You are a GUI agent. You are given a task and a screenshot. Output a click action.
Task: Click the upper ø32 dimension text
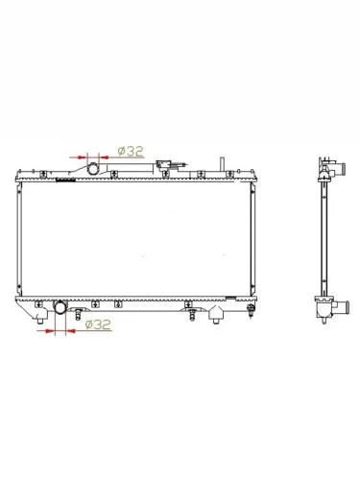pos(131,152)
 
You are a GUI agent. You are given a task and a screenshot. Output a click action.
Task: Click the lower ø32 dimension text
pos(98,324)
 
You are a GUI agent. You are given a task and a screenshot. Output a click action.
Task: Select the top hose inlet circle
pos(93,169)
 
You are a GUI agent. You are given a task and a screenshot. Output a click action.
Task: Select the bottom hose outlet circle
pos(60,307)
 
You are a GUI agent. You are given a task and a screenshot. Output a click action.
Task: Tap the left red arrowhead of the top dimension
pos(83,157)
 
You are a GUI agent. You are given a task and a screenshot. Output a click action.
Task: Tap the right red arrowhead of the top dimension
pos(104,157)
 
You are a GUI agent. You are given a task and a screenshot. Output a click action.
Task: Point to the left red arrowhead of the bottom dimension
pos(50,331)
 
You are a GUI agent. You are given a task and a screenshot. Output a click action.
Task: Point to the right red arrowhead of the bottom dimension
pos(71,331)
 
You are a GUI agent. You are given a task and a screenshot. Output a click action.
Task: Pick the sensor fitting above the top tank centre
pos(164,164)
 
